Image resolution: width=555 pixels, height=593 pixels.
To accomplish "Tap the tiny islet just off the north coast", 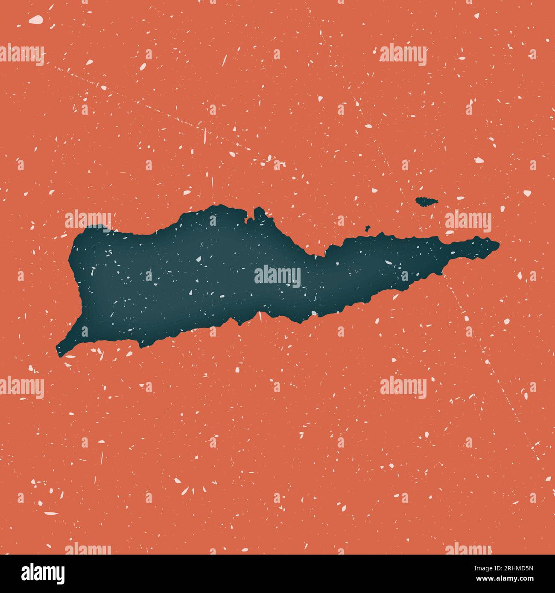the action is pyautogui.click(x=367, y=228).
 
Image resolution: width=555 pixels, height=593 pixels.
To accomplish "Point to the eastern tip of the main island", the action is pyautogui.click(x=497, y=244).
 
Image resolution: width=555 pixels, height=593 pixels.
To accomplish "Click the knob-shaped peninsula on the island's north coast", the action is pyautogui.click(x=259, y=212).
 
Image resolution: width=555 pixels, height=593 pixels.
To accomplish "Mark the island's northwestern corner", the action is pyautogui.click(x=88, y=229).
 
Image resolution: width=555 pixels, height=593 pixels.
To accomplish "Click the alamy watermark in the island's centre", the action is pyautogui.click(x=277, y=277).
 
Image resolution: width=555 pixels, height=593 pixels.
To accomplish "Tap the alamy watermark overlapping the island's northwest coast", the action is pyautogui.click(x=88, y=221).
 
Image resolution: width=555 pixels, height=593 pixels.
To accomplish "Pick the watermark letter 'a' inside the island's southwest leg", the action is pyautogui.click(x=85, y=331).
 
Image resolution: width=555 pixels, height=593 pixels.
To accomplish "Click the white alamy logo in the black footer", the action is pyautogui.click(x=43, y=573).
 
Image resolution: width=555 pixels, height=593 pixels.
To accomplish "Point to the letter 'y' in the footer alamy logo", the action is pyautogui.click(x=60, y=575).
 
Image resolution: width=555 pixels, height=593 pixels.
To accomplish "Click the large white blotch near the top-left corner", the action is pyautogui.click(x=36, y=19).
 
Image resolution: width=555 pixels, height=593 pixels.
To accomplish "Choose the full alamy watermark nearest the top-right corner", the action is pyautogui.click(x=403, y=55).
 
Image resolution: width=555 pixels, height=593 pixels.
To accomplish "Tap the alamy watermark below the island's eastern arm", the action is pyautogui.click(x=403, y=387).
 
